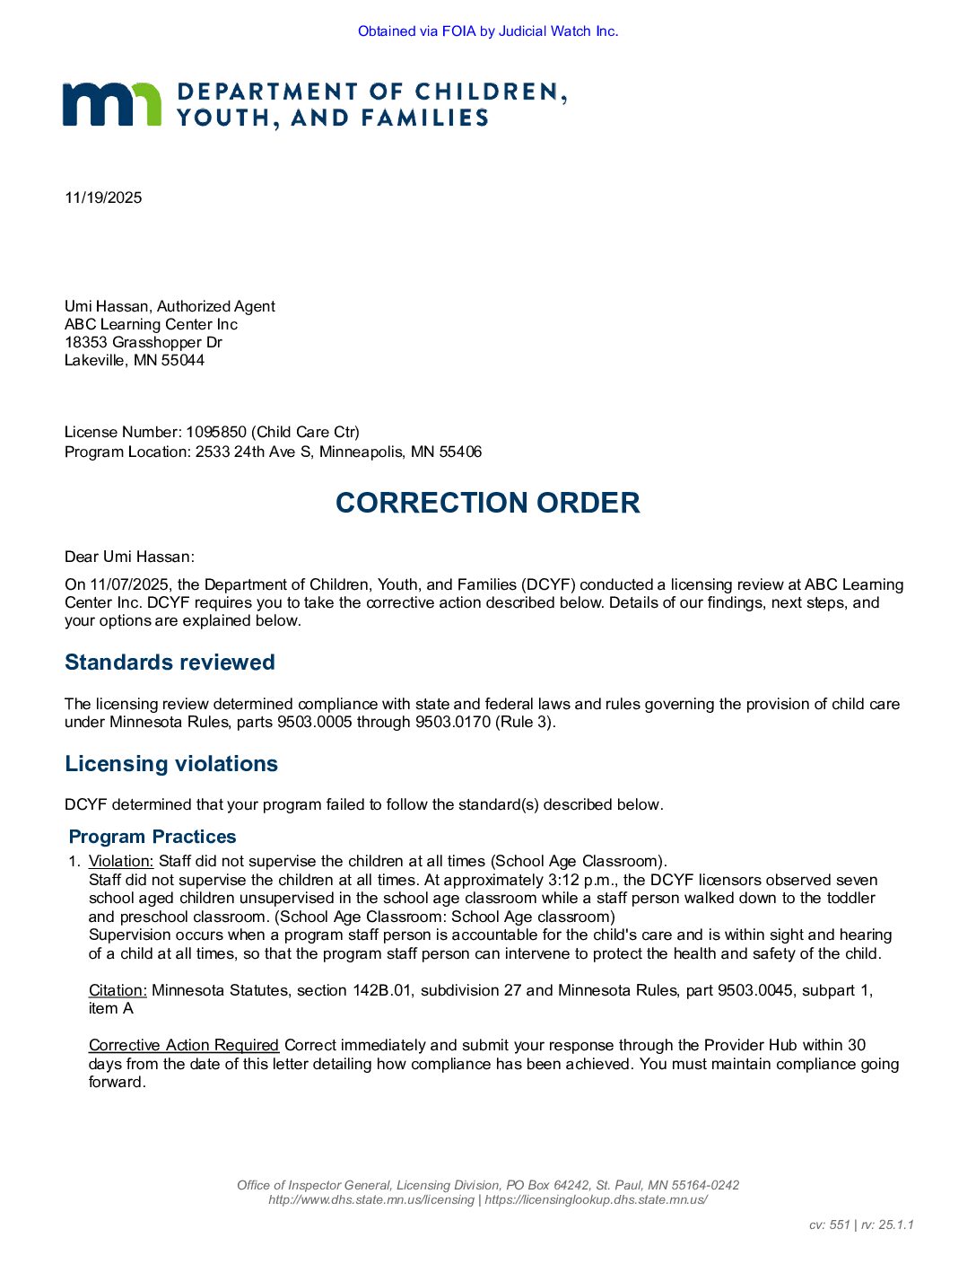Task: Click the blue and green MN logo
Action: [x=111, y=104]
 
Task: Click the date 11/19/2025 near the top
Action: [x=103, y=197]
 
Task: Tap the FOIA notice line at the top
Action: [x=488, y=31]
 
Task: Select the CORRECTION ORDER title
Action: [x=488, y=503]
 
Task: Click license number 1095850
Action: [x=216, y=432]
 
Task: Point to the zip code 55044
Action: [x=183, y=360]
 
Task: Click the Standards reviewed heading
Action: [x=170, y=663]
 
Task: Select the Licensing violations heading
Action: [x=171, y=764]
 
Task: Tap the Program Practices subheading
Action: [x=152, y=837]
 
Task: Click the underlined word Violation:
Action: [x=121, y=862]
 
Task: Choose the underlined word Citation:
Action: [x=118, y=990]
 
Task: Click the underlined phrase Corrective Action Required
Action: [x=184, y=1045]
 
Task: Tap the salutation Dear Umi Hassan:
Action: [x=129, y=557]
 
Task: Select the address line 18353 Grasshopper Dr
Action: [x=144, y=342]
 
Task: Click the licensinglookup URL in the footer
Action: [x=596, y=1199]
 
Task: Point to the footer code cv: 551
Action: [x=829, y=1224]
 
